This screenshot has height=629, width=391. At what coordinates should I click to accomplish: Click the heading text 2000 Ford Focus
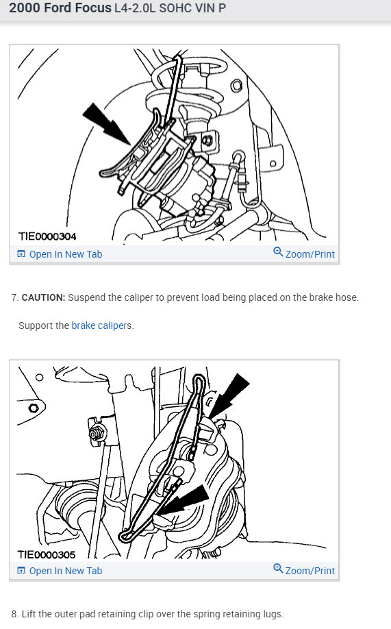(60, 8)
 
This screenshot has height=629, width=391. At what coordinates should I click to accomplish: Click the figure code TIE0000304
(47, 236)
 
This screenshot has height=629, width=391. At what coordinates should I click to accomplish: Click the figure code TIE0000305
(47, 555)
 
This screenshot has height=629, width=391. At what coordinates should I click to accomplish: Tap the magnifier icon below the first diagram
(278, 252)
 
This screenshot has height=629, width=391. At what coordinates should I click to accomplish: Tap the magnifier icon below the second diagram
(278, 569)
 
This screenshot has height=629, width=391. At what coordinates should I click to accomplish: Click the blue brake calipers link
(101, 325)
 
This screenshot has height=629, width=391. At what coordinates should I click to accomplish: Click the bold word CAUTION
(43, 297)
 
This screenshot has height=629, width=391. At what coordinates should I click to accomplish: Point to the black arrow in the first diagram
(106, 123)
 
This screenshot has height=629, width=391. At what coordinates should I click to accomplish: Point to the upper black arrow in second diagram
(229, 396)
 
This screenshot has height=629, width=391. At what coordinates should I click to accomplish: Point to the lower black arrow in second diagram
(182, 501)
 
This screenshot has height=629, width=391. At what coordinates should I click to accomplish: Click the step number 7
(15, 297)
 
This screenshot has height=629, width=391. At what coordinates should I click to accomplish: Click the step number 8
(15, 614)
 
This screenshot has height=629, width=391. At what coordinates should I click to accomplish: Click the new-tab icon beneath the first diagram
(21, 254)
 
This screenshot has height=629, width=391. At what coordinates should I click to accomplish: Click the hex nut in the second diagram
(96, 434)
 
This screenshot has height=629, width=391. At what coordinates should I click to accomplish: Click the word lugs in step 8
(273, 615)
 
